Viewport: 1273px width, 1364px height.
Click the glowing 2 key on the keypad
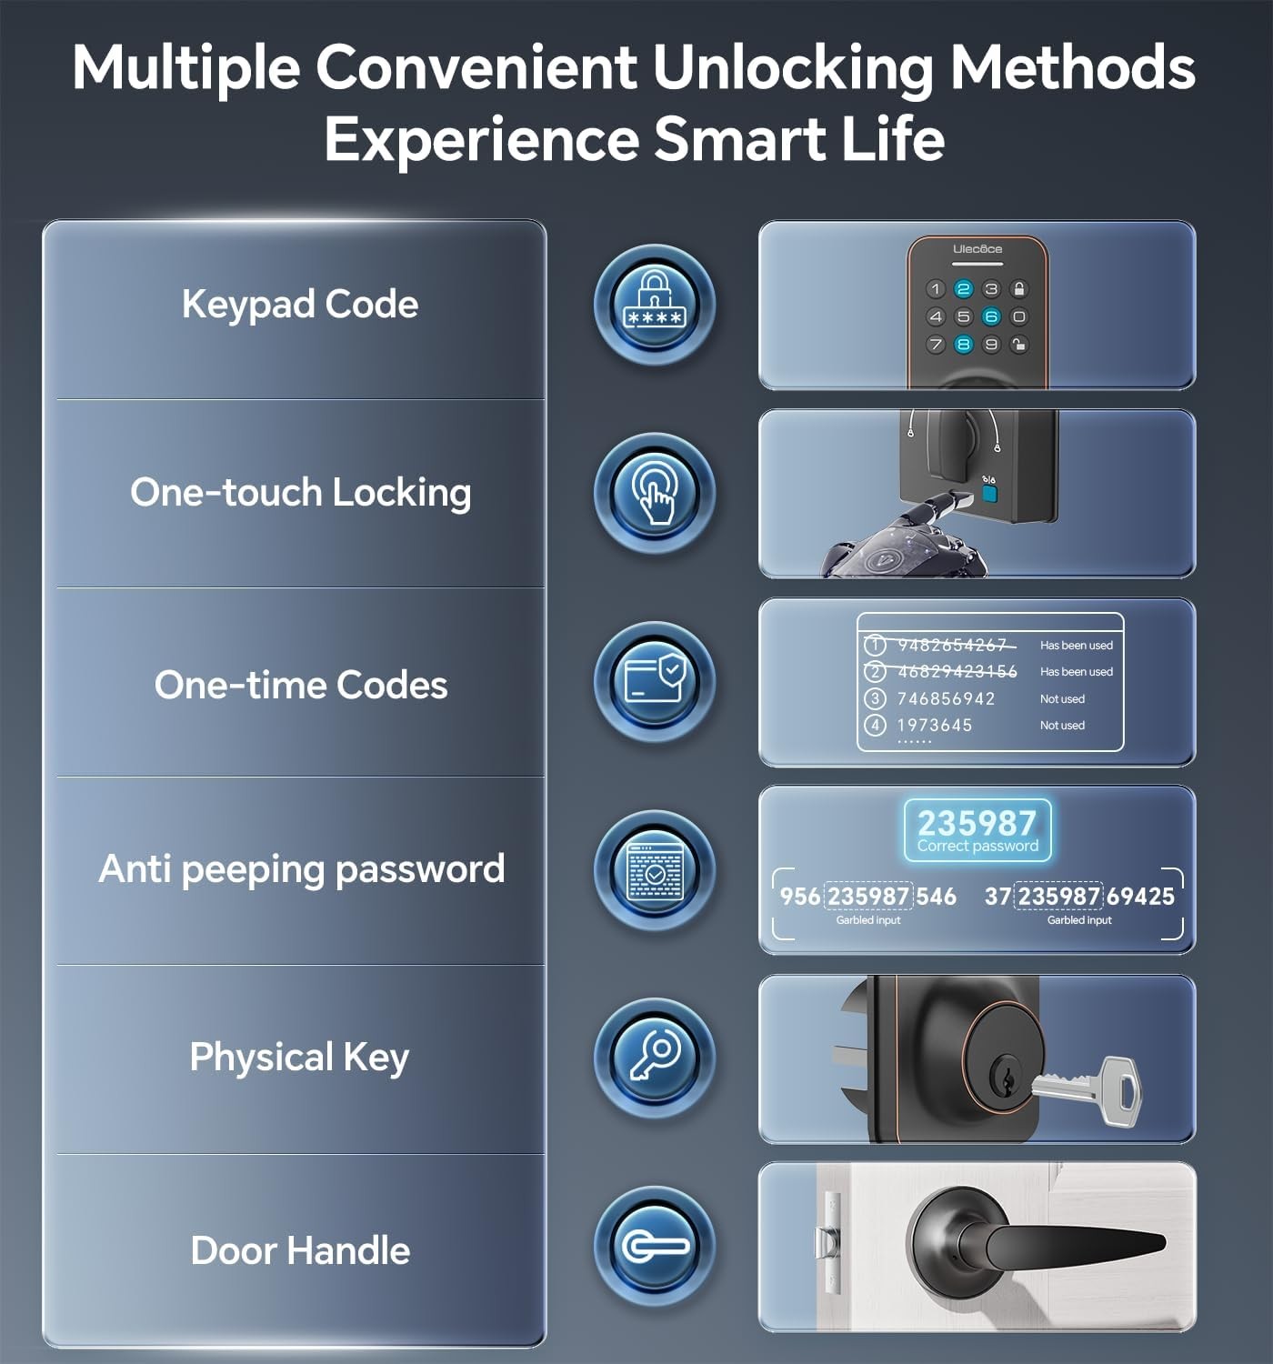coord(963,289)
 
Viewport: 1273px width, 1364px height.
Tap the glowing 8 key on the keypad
coord(963,344)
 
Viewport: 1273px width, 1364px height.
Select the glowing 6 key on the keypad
coord(990,316)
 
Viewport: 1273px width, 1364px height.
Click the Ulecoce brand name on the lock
coord(977,248)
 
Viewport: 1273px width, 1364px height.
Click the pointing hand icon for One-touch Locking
coord(654,492)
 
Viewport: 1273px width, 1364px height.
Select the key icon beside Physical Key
coord(654,1058)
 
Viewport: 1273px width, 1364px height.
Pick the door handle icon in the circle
coord(654,1246)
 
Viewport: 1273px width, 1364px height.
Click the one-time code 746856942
coord(946,698)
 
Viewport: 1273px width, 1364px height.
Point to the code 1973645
coord(935,726)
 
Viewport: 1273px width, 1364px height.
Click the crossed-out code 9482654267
coord(952,645)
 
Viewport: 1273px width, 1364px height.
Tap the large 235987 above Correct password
coord(977,822)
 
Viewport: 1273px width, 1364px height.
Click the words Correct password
coord(977,847)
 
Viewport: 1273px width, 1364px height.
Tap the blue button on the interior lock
coord(989,494)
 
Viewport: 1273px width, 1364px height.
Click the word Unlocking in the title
coord(793,68)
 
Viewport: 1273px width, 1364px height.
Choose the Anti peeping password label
coord(302,869)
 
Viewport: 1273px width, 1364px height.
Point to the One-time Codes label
coord(301,685)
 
